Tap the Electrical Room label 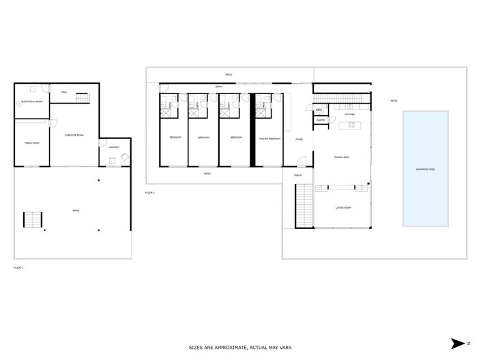[x=32, y=102]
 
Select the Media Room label [x=31, y=143]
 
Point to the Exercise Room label [x=74, y=135]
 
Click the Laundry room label [x=114, y=147]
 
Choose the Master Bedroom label [x=269, y=138]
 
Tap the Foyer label [x=299, y=139]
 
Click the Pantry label [x=321, y=121]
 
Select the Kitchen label [x=349, y=114]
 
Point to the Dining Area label [x=342, y=157]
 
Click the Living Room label [x=342, y=207]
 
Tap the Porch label [x=297, y=175]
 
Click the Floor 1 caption [x=18, y=268]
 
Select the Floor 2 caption [x=150, y=193]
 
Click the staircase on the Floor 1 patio [x=33, y=221]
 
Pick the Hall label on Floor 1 [x=64, y=91]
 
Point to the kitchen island [x=350, y=125]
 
